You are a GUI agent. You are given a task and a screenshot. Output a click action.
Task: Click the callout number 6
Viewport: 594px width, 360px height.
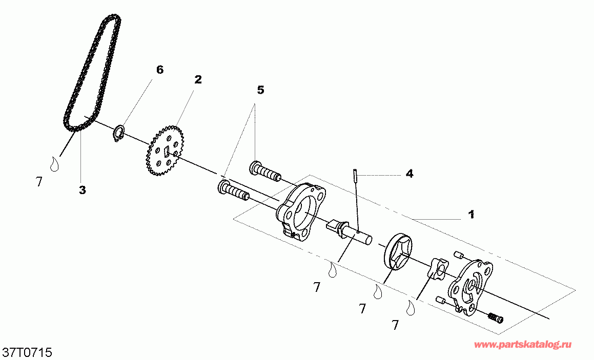point(160,70)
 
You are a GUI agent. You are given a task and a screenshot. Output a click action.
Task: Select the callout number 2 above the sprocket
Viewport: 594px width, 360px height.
point(198,79)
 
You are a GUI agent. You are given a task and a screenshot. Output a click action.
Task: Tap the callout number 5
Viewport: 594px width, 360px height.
point(260,90)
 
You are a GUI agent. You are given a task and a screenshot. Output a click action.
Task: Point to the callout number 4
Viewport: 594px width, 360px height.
point(409,174)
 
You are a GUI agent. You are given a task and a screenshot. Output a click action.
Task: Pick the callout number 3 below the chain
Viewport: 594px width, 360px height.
point(82,190)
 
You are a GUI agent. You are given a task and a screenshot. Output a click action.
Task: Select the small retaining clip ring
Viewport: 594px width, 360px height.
point(119,133)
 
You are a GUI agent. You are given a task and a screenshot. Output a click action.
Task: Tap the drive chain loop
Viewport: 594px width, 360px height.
point(92,72)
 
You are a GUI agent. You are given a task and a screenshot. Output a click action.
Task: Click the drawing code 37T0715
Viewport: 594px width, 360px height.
point(28,353)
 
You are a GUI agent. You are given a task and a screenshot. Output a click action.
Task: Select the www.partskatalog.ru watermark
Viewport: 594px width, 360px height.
point(523,345)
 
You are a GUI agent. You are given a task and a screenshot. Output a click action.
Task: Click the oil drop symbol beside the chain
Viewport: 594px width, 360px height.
point(53,164)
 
